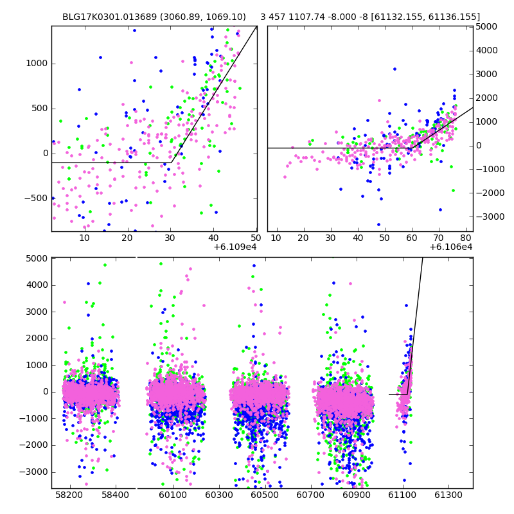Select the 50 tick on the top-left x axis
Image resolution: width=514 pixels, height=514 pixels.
point(256,238)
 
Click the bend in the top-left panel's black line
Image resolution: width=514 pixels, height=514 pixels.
point(172,163)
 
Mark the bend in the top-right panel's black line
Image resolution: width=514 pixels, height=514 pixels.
point(411,148)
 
